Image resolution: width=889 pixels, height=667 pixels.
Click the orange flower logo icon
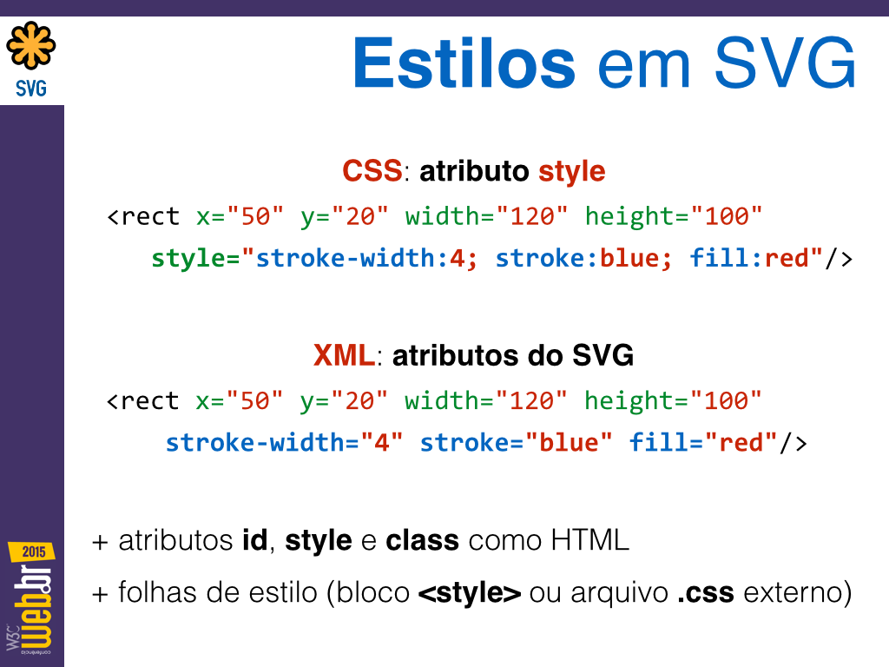[31, 45]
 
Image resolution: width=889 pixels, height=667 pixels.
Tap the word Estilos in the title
[464, 63]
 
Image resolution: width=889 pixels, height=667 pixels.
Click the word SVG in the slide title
[785, 63]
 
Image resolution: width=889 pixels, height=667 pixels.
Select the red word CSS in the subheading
[372, 171]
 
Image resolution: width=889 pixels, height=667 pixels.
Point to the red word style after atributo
[571, 172]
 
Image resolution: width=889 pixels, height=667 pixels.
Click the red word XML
[344, 355]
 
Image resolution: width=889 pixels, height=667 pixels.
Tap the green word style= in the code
[195, 259]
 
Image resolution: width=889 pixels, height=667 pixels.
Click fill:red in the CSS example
[748, 259]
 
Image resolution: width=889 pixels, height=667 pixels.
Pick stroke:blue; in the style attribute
[584, 259]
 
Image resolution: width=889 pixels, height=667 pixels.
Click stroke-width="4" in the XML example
[284, 442]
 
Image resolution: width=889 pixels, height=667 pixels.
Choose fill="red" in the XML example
[703, 442]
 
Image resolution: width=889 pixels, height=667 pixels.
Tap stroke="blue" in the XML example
[516, 442]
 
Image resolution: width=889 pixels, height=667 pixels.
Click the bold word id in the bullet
[254, 540]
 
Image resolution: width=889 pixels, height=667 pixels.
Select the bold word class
[423, 540]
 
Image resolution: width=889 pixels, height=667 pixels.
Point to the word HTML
[589, 540]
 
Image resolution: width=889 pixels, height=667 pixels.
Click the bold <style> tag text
[470, 593]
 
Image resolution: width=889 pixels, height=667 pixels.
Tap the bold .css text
[706, 593]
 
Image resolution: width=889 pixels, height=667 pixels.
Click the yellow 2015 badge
[32, 551]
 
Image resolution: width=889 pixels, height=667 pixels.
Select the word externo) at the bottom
[798, 593]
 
